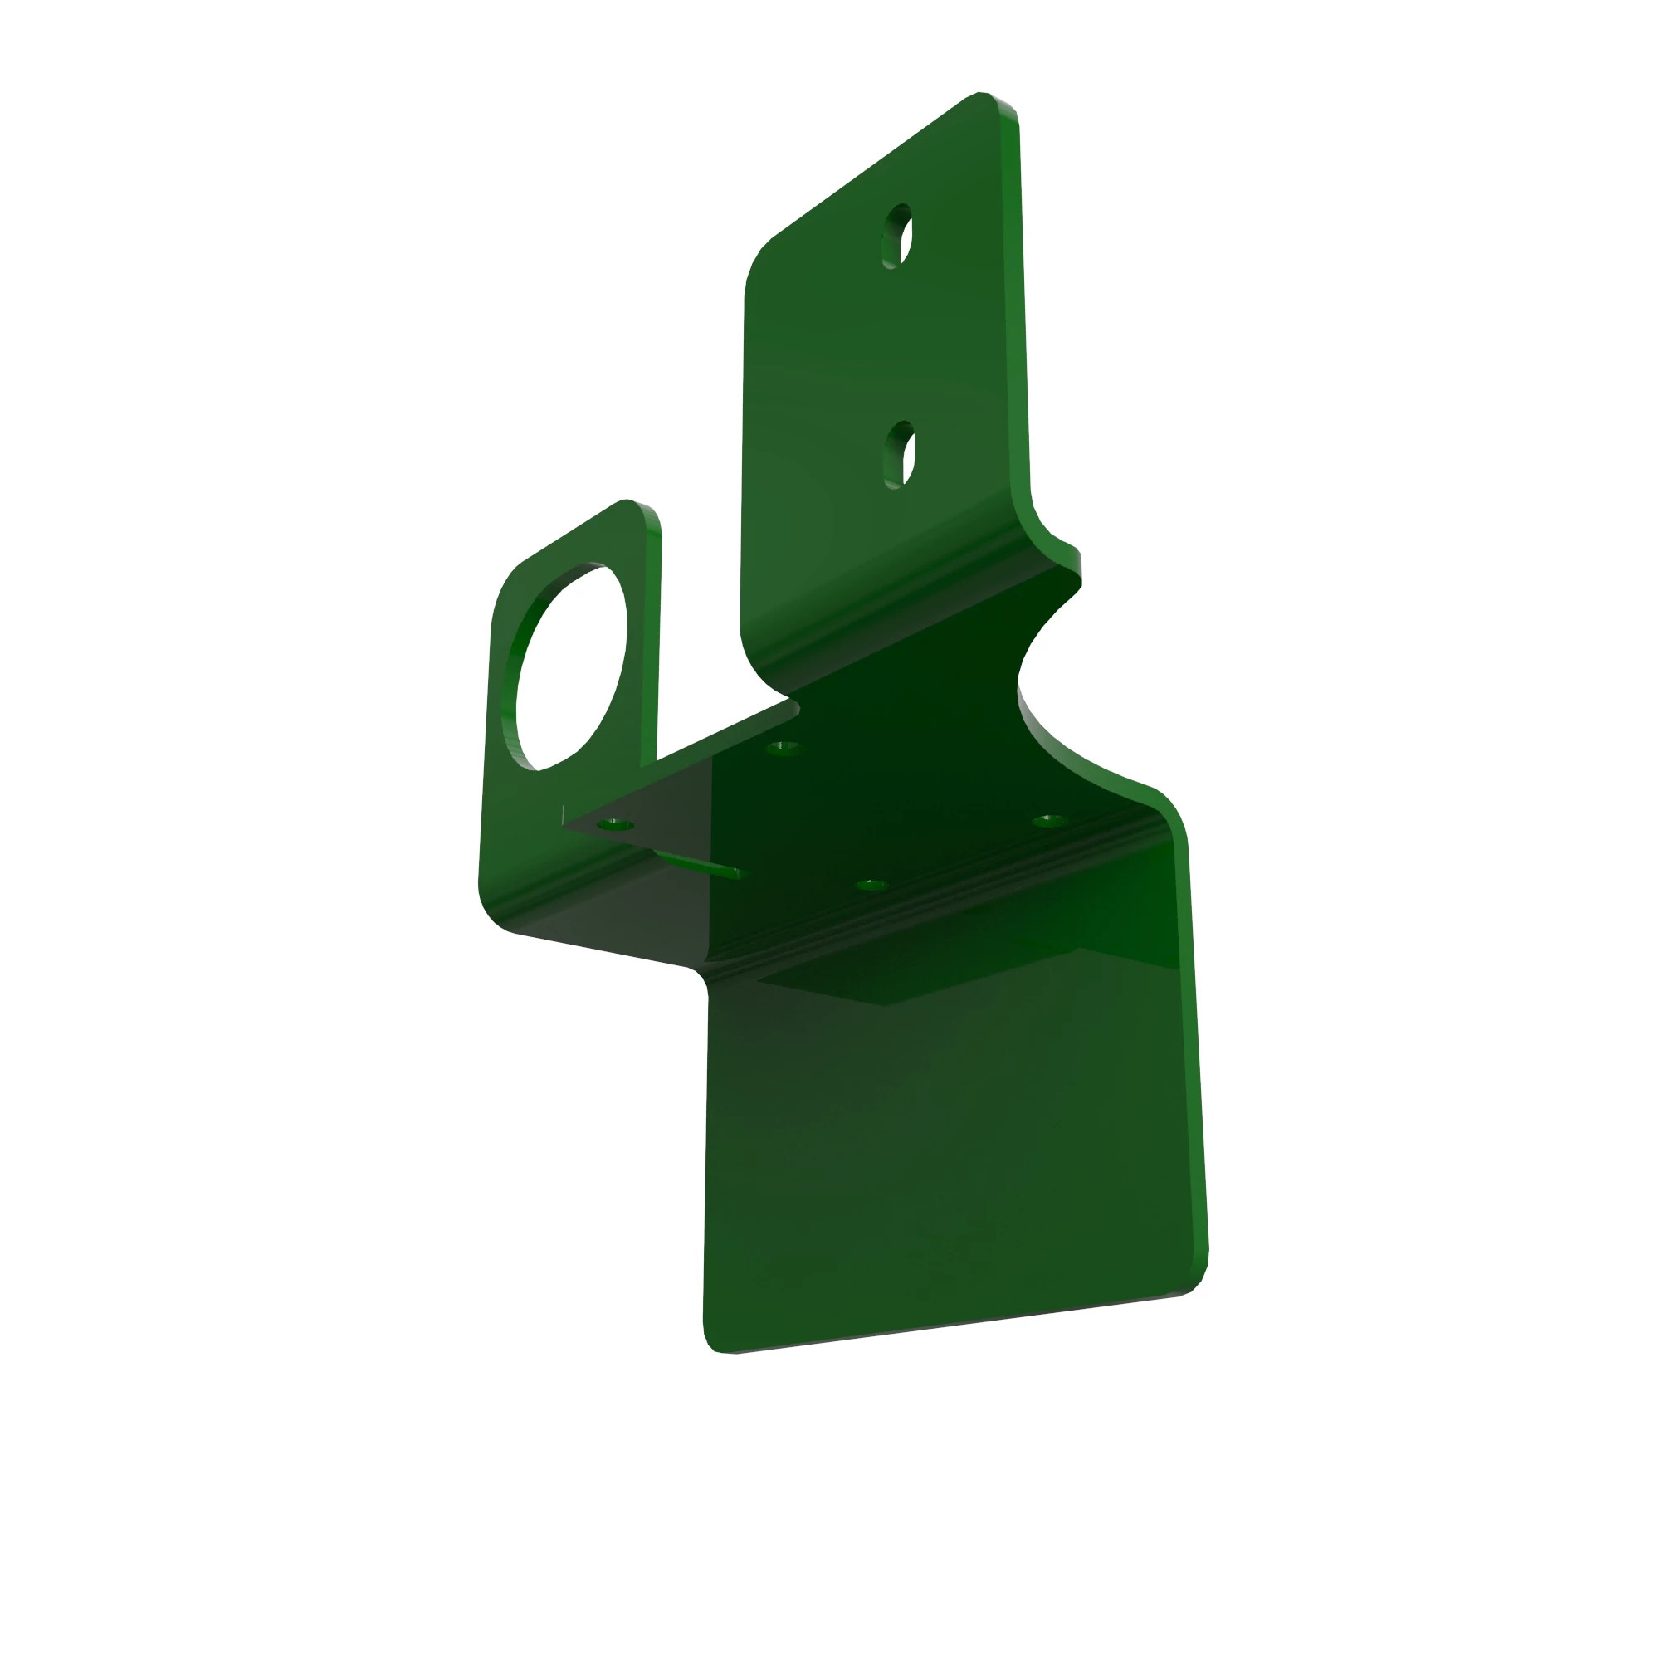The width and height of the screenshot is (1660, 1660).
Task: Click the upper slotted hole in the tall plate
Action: coord(897,237)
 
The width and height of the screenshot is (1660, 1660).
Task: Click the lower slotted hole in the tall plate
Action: coord(900,455)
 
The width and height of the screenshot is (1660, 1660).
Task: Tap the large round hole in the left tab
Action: coord(571,666)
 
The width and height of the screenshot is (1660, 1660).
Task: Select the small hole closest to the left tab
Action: coord(615,825)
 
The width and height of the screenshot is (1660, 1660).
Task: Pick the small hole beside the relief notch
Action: coord(783,748)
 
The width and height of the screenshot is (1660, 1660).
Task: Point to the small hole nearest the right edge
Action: coord(1048,821)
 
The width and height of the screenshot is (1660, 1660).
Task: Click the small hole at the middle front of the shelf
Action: coord(871,884)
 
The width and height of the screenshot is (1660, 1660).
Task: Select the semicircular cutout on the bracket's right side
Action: coord(1044,679)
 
